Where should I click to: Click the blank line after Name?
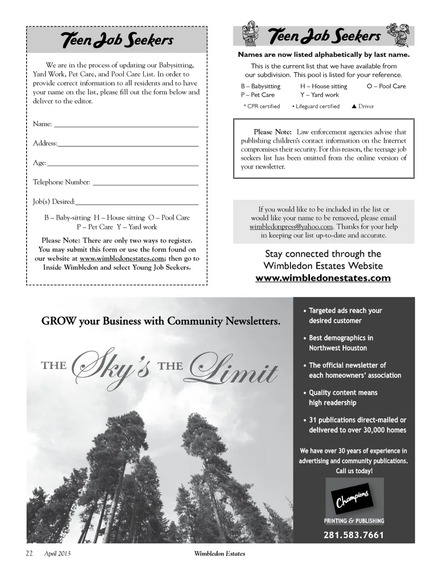point(126,124)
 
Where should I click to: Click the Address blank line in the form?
point(128,144)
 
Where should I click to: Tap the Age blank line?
point(123,163)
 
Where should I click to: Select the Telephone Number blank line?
point(145,183)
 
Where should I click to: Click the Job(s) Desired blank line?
point(137,202)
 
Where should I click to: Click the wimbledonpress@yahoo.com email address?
point(291,227)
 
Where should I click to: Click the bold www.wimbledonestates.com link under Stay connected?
point(323,278)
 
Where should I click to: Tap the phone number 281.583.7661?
point(353,535)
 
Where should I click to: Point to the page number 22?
point(29,553)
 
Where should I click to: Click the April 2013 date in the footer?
point(57,553)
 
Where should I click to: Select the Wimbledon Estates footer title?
point(220,553)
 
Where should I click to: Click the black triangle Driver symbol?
point(354,106)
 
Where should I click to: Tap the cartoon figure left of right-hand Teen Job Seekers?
point(250,34)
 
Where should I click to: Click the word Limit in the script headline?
point(234,369)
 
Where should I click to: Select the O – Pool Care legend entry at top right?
point(386,86)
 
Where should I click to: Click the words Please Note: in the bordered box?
point(272,132)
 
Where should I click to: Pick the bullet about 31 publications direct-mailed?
point(357,425)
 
